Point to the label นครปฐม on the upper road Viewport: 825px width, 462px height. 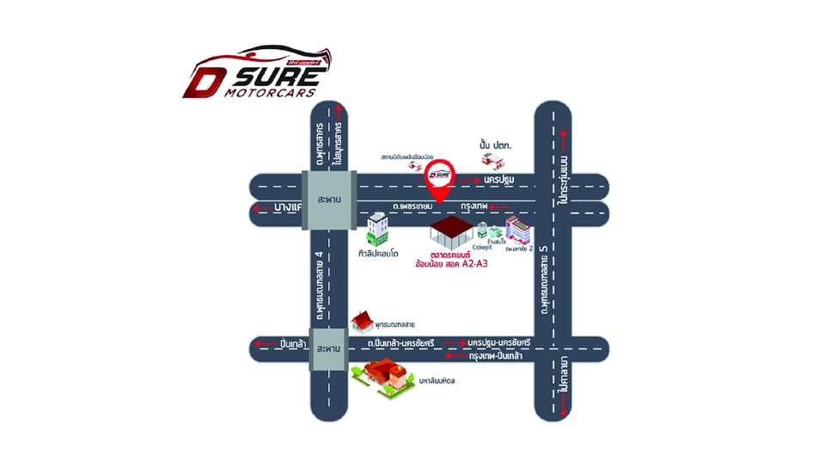(498, 179)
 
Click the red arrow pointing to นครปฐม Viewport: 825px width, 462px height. (469, 180)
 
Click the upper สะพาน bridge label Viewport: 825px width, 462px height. (328, 198)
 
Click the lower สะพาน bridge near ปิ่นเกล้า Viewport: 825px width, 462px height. (328, 350)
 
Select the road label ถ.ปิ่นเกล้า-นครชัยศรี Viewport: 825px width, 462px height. (400, 343)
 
